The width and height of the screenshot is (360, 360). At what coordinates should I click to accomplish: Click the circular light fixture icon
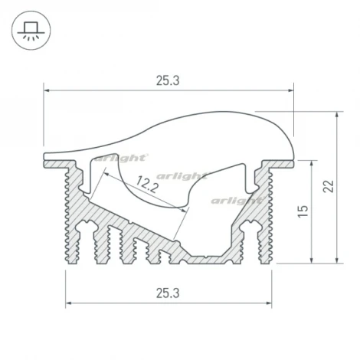point(31,33)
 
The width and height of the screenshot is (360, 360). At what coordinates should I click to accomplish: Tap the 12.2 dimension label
point(149,185)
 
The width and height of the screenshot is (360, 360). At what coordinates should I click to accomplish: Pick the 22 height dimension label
point(328,187)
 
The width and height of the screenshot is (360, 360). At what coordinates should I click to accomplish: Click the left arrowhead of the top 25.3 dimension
point(47,90)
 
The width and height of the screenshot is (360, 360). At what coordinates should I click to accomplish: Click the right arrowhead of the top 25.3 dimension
point(291,90)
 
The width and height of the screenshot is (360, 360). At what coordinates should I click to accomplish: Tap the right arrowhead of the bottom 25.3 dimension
point(271,302)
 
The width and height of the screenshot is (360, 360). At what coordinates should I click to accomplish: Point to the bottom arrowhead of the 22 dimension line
point(338,260)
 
